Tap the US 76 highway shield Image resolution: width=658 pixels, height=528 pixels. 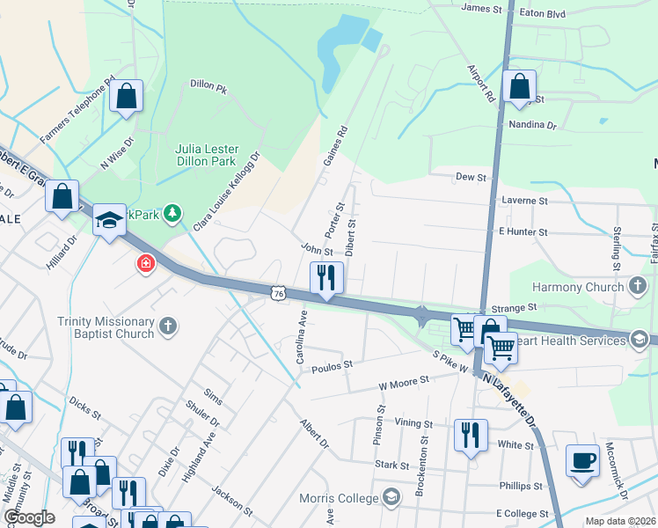[x=278, y=293]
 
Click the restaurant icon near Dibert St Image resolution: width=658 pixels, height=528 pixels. [x=326, y=279]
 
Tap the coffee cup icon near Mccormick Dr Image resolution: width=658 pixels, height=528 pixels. [x=582, y=461]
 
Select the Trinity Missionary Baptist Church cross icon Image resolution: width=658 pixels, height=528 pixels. [x=167, y=327]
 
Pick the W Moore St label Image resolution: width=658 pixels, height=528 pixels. [x=403, y=381]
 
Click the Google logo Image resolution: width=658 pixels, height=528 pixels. [x=29, y=517]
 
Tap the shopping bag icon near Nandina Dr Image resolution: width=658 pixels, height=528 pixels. [x=519, y=88]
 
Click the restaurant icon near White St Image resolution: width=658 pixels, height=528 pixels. [x=471, y=436]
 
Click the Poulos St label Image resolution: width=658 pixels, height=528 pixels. [x=332, y=363]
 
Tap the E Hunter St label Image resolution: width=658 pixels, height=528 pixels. [x=523, y=231]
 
